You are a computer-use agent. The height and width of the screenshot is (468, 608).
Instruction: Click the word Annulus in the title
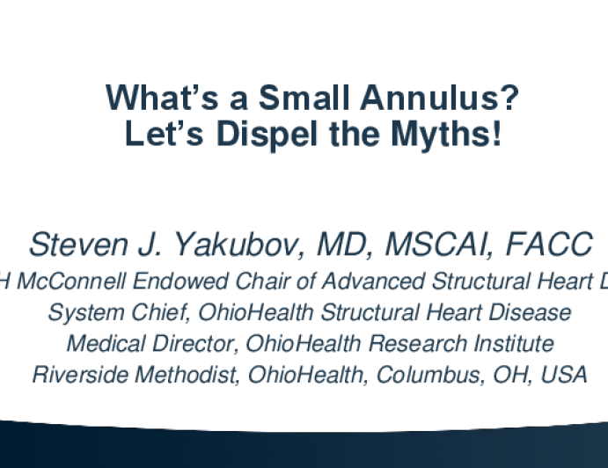point(440,98)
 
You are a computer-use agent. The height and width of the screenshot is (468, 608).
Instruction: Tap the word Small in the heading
point(304,98)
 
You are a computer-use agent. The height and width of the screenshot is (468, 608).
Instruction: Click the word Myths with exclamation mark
point(446,135)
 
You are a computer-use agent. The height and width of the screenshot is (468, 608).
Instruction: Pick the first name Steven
point(78,245)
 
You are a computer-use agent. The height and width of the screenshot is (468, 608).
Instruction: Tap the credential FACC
point(549,245)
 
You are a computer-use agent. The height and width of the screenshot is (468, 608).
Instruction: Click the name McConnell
point(71,281)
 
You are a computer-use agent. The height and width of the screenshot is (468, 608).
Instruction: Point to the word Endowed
point(180,281)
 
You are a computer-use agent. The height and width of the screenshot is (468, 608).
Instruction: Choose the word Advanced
point(373,281)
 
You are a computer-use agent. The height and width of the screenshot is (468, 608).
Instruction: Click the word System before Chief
point(86,312)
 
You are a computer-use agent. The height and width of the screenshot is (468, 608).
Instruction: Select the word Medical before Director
point(106,344)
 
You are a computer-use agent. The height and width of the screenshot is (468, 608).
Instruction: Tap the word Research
point(418,344)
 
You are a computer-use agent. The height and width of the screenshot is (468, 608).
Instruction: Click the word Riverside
point(80,375)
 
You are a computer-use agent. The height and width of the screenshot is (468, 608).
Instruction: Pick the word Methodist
point(187,375)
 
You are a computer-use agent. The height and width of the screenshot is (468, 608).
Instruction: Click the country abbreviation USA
point(563,375)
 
